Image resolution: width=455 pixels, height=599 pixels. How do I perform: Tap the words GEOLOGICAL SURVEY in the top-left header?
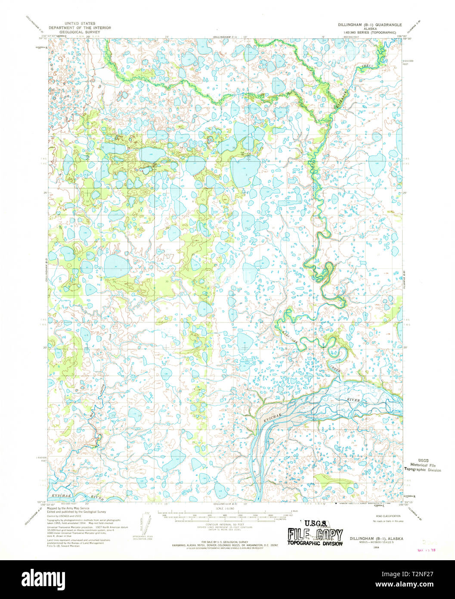pyautogui.click(x=80, y=32)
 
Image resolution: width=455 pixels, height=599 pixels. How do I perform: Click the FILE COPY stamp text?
pyautogui.click(x=315, y=535)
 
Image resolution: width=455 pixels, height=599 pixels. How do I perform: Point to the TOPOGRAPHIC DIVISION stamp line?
pyautogui.click(x=315, y=544)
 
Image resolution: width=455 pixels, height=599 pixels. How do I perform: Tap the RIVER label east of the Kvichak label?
pyautogui.click(x=353, y=400)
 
